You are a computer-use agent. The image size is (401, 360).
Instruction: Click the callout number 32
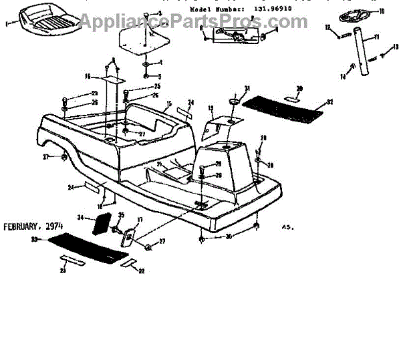coord(329,103)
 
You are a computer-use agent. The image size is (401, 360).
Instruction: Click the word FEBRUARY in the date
coord(23,227)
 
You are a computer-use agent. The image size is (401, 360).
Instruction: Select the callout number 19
coord(210,108)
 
